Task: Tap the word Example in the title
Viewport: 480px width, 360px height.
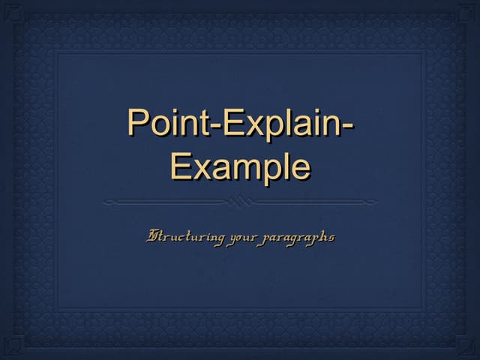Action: pyautogui.click(x=240, y=166)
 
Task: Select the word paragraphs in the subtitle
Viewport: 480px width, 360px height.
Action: pyautogui.click(x=298, y=238)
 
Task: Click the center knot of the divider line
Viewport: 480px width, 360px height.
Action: pyautogui.click(x=240, y=202)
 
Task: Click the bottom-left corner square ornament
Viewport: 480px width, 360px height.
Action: pyautogui.click(x=13, y=344)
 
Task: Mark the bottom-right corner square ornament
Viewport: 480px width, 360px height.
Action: pyautogui.click(x=466, y=344)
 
